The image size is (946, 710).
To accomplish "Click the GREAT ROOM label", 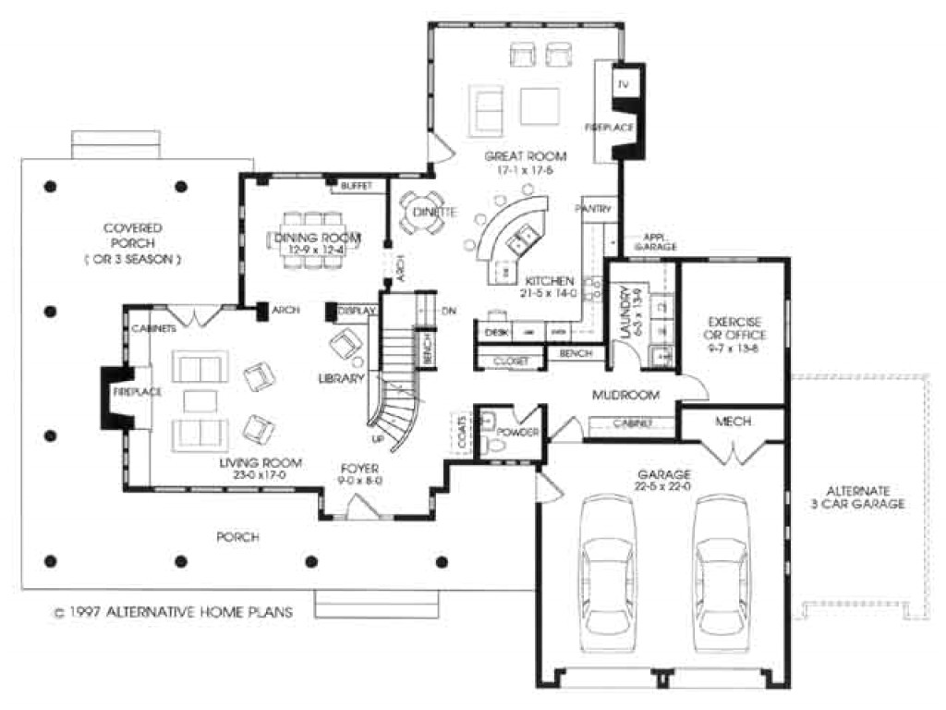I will click(x=525, y=156).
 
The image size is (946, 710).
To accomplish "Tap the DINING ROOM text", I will click(x=317, y=239).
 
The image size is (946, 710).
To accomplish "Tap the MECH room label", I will click(x=733, y=422).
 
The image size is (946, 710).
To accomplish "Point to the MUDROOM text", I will click(x=625, y=395).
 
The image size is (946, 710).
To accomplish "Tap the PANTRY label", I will click(x=593, y=209).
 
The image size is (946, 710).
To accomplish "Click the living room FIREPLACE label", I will click(x=138, y=392).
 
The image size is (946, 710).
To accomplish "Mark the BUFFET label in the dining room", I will click(x=356, y=186).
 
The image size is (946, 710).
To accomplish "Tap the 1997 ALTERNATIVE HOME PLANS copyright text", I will click(x=173, y=611).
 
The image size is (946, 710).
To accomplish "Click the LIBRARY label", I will click(x=343, y=378).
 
